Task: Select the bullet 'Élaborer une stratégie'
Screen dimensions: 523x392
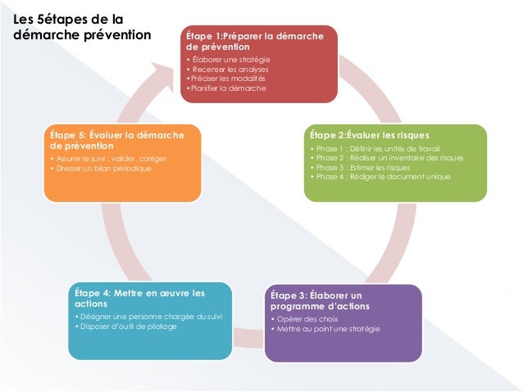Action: pos(230,61)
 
